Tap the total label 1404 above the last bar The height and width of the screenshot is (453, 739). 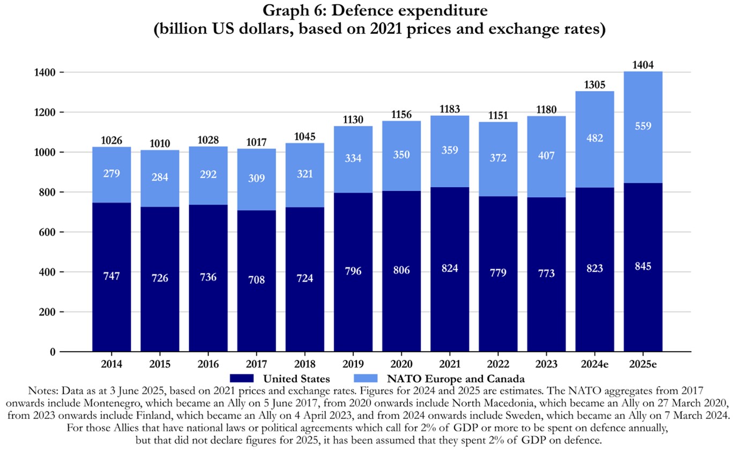(643, 65)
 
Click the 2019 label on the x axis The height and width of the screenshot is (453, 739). (353, 364)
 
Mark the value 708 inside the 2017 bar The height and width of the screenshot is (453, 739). (257, 280)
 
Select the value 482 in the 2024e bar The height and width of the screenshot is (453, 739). (595, 138)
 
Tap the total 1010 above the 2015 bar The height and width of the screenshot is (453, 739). (160, 144)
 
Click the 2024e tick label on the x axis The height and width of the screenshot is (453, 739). (595, 364)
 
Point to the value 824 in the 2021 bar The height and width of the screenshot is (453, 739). (450, 268)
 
